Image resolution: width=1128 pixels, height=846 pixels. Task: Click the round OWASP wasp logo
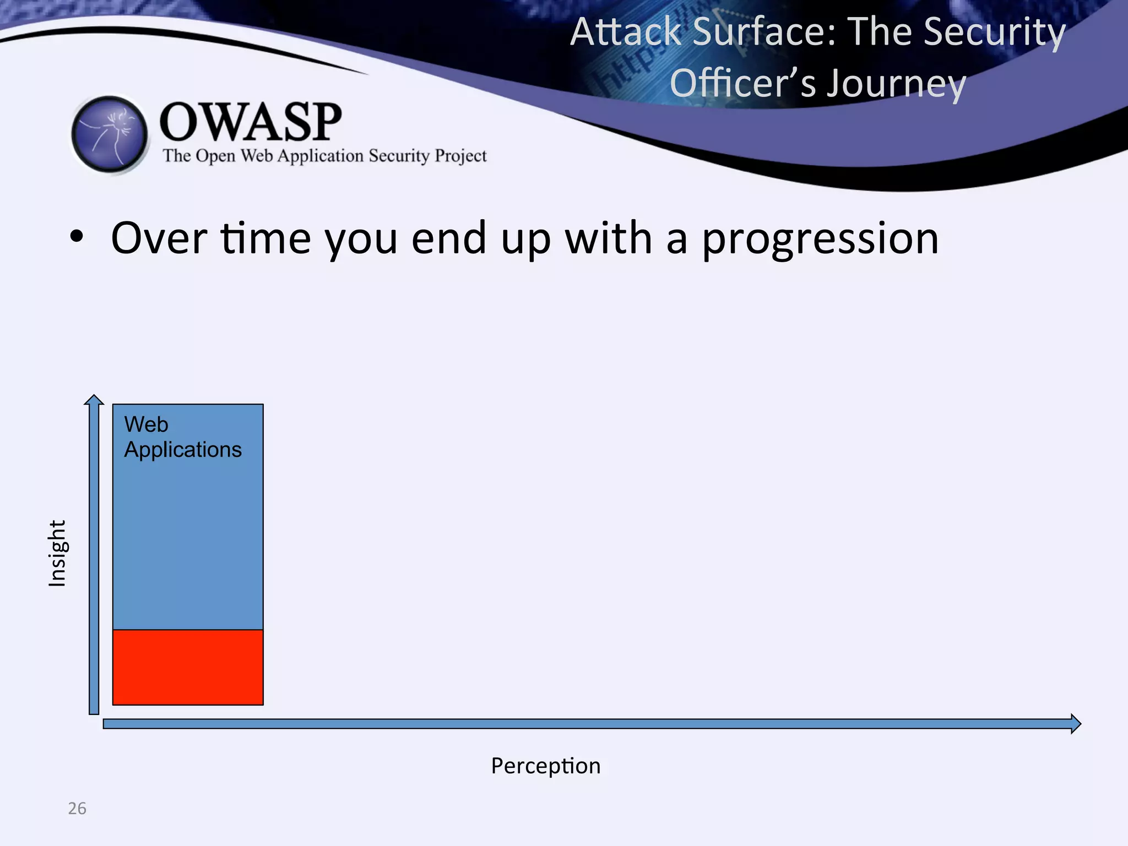pos(110,134)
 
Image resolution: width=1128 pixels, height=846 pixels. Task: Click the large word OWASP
pos(251,122)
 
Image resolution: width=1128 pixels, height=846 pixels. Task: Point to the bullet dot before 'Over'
pos(77,238)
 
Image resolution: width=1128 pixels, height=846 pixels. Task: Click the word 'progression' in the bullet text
pos(820,239)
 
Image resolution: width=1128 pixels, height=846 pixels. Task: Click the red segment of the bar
pos(188,667)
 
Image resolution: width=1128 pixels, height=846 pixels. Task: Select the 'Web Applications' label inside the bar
pos(182,437)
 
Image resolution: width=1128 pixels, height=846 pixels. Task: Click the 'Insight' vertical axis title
pos(57,553)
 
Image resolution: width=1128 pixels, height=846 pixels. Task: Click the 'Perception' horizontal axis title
pos(545,766)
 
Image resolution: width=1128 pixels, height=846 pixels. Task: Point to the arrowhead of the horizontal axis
pos(1076,723)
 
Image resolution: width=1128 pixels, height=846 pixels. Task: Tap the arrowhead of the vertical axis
pos(94,400)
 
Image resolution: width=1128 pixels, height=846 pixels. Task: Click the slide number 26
pos(77,809)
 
